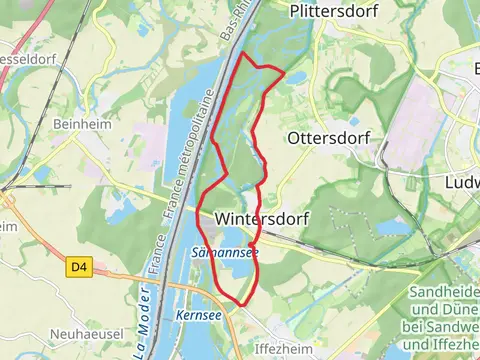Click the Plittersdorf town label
[329, 12]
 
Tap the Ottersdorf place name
[328, 138]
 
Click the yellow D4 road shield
[80, 267]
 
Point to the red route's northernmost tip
[241, 52]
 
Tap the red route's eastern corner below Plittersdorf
[283, 72]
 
